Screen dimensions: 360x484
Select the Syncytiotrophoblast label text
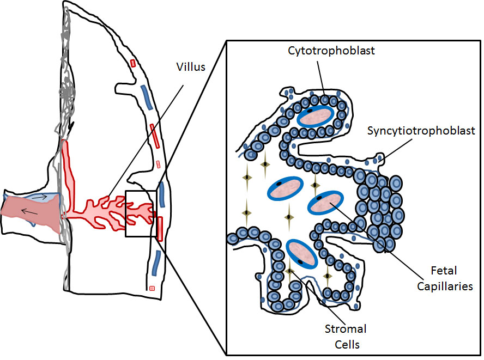[421, 131]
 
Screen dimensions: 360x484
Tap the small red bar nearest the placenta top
[132, 63]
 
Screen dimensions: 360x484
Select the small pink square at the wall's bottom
[152, 288]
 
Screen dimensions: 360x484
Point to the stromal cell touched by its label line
[289, 271]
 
